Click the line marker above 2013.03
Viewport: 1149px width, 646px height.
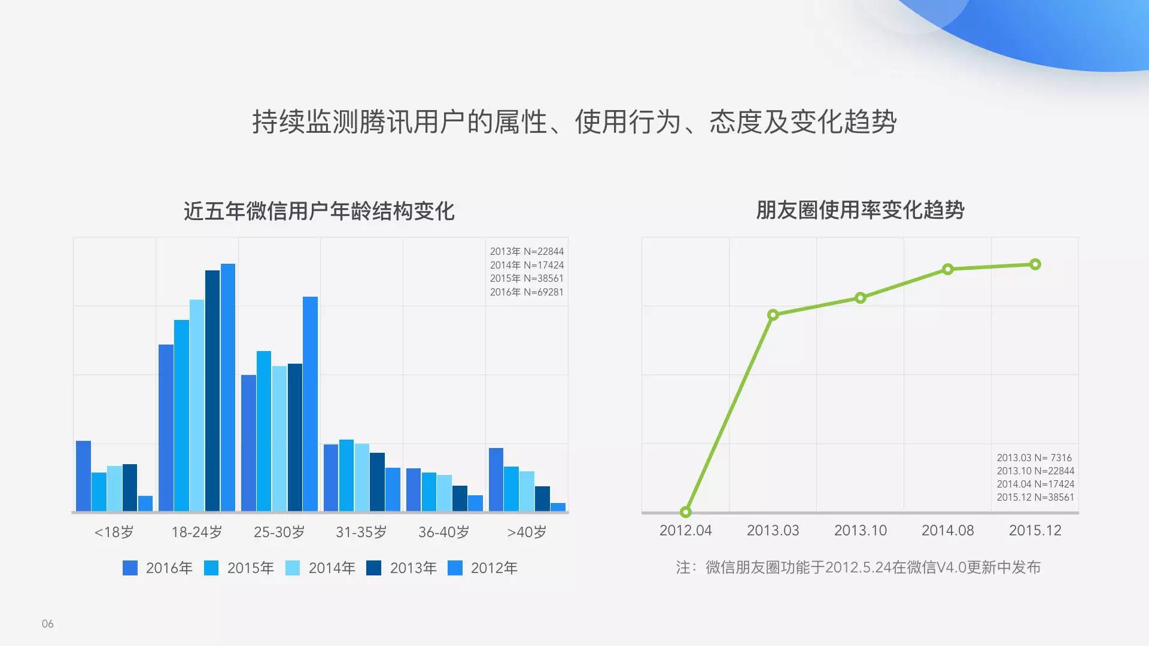pyautogui.click(x=773, y=315)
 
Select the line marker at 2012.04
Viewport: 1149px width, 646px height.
pyautogui.click(x=685, y=512)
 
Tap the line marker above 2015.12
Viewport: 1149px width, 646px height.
pyautogui.click(x=1035, y=264)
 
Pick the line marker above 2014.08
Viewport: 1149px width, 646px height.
pyautogui.click(x=947, y=269)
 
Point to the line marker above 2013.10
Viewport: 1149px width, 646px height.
pyautogui.click(x=860, y=298)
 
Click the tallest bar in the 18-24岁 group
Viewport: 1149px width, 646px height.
pyautogui.click(x=228, y=388)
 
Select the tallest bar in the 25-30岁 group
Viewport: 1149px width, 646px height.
pyautogui.click(x=310, y=404)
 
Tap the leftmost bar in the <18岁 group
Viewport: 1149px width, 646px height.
pyautogui.click(x=83, y=476)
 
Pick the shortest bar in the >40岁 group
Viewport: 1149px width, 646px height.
pyautogui.click(x=558, y=507)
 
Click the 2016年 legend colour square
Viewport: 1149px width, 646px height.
pyautogui.click(x=130, y=568)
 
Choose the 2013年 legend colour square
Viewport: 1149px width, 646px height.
pyautogui.click(x=374, y=568)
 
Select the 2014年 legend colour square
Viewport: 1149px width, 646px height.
pyautogui.click(x=293, y=568)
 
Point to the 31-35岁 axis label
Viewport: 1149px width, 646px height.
pyautogui.click(x=361, y=532)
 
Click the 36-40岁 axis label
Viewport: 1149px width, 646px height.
pyautogui.click(x=444, y=532)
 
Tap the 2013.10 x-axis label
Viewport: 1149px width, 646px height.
pyautogui.click(x=861, y=531)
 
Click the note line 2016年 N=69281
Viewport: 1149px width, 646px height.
pyautogui.click(x=527, y=292)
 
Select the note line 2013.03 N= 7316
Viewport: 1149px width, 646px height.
pyautogui.click(x=1034, y=458)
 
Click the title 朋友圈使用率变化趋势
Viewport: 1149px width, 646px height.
pyautogui.click(x=860, y=210)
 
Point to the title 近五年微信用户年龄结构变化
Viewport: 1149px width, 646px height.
pyautogui.click(x=319, y=211)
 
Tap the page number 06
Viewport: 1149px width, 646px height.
pyautogui.click(x=48, y=624)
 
